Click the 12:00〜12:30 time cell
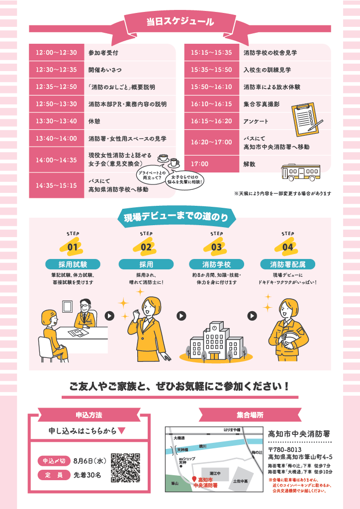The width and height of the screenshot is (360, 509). click(x=56, y=53)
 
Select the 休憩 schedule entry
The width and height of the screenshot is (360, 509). click(x=94, y=121)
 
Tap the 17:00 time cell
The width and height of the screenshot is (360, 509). click(x=199, y=164)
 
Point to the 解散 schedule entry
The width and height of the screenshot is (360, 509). click(x=250, y=164)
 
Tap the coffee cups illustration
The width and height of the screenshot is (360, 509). click(x=168, y=160)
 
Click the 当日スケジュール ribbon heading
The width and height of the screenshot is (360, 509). click(x=180, y=22)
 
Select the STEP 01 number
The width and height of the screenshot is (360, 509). click(x=73, y=246)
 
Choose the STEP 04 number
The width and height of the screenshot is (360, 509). click(x=287, y=246)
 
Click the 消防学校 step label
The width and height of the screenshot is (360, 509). click(x=216, y=264)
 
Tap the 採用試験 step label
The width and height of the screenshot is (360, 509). click(x=73, y=264)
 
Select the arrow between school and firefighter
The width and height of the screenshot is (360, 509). click(x=253, y=315)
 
